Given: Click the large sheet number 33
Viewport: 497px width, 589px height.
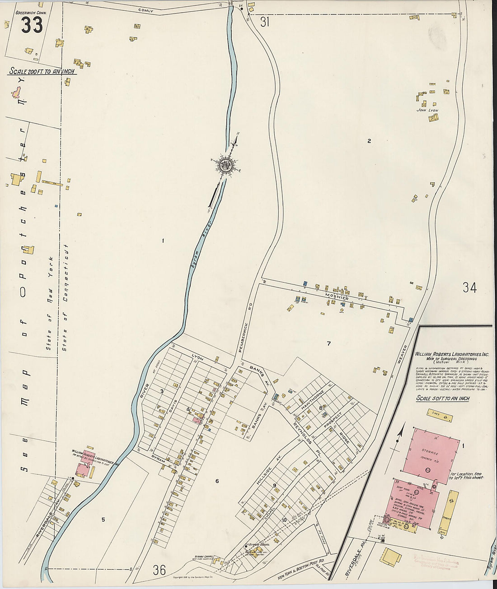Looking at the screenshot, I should pyautogui.click(x=32, y=25).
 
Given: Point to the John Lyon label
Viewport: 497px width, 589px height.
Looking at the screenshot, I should pyautogui.click(x=427, y=110).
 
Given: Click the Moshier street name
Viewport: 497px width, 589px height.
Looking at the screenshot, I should pyautogui.click(x=337, y=298).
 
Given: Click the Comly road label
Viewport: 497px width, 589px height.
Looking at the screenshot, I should pyautogui.click(x=146, y=9).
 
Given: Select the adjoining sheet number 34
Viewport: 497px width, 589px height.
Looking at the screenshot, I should pyautogui.click(x=469, y=288).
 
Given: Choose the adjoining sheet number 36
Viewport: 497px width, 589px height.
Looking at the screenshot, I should pyautogui.click(x=159, y=570).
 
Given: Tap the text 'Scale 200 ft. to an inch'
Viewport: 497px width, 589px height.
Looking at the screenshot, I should pyautogui.click(x=42, y=71).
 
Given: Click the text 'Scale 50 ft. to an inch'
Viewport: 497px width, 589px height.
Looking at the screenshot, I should pyautogui.click(x=442, y=399).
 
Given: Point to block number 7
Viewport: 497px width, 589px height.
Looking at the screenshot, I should pyautogui.click(x=329, y=343).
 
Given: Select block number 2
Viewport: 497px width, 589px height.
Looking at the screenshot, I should pyautogui.click(x=369, y=141).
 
